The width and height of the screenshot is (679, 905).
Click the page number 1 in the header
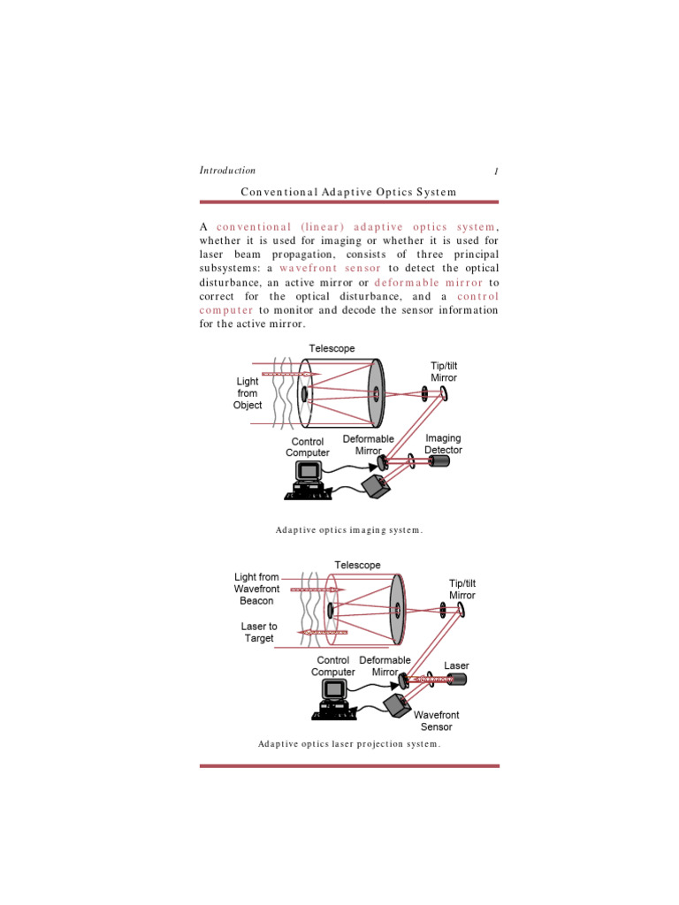tap(497, 171)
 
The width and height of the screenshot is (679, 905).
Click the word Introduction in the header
tap(227, 171)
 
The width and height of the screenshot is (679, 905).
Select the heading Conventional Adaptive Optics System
tap(348, 192)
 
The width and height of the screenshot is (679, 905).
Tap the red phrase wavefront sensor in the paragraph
tap(331, 268)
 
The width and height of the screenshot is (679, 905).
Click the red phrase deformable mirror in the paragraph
tap(429, 283)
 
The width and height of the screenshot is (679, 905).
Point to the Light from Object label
tap(248, 393)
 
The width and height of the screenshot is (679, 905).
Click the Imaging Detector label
tap(443, 444)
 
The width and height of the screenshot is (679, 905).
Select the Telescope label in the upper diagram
tap(332, 348)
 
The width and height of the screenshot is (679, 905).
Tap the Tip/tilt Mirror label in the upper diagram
tap(443, 371)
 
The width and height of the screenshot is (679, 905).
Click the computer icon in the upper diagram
tap(309, 478)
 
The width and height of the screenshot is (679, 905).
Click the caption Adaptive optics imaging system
tap(348, 530)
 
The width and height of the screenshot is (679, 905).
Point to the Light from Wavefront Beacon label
tap(256, 589)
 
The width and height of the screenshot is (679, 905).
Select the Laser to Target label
tap(259, 632)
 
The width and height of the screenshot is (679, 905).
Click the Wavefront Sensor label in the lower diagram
tap(437, 720)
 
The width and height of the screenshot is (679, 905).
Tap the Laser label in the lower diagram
tap(456, 665)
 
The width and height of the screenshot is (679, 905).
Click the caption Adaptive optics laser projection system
tap(348, 744)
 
